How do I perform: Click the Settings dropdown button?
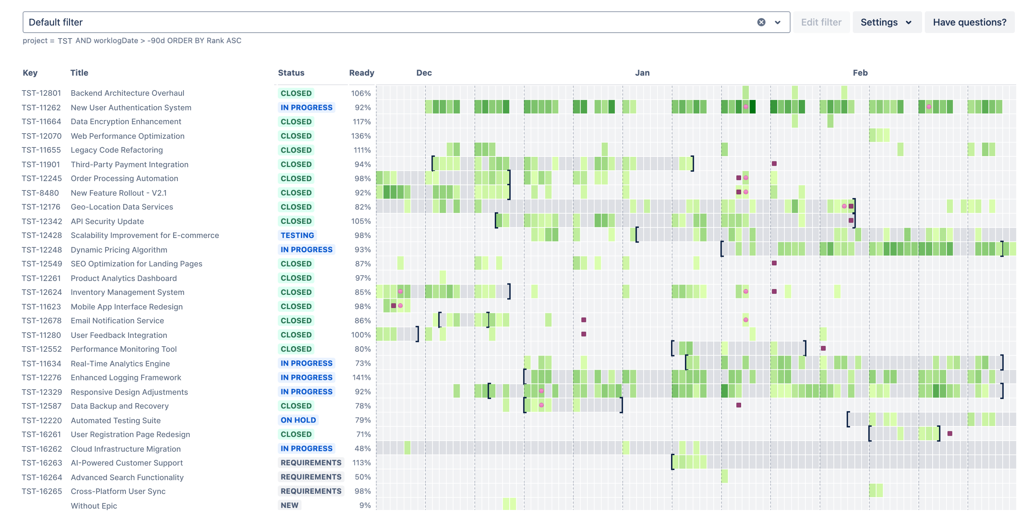(x=886, y=22)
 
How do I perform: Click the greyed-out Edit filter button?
(x=821, y=22)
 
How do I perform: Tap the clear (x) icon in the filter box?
(x=761, y=22)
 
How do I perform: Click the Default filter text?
(x=56, y=22)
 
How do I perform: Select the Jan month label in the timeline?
(x=642, y=73)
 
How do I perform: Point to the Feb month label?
(x=860, y=73)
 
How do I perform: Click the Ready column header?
(x=361, y=73)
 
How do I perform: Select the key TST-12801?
(x=42, y=93)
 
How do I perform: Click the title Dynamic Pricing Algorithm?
(x=119, y=250)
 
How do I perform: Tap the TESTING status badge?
(x=297, y=236)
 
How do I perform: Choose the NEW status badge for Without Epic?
(x=289, y=505)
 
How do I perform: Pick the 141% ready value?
(x=361, y=377)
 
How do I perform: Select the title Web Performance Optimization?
(x=128, y=136)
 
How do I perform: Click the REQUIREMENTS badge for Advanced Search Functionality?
(x=311, y=477)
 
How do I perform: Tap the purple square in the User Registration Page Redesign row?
(x=950, y=434)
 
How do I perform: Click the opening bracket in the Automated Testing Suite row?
(x=848, y=419)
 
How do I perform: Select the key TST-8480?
(x=40, y=193)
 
